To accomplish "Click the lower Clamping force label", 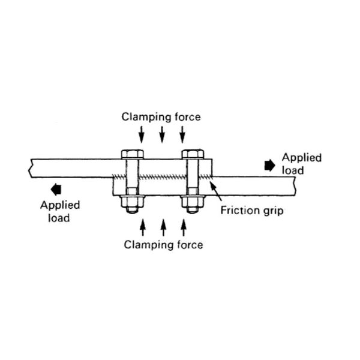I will (x=163, y=244).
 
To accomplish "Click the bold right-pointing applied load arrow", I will (x=271, y=162).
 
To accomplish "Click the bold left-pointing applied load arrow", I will (x=56, y=190).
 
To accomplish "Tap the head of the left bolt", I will (x=131, y=154).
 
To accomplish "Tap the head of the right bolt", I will (x=193, y=154).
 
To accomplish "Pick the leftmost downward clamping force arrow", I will (x=141, y=136).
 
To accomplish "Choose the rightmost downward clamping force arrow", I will (x=182, y=136).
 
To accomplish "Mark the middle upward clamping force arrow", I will (x=163, y=227).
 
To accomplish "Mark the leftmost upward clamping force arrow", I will (x=142, y=227).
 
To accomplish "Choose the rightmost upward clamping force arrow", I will (x=183, y=227).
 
